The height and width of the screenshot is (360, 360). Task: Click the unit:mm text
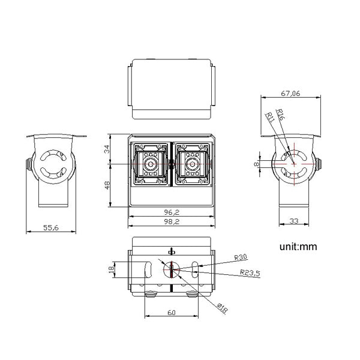298,246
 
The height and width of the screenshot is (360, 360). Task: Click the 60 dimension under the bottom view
171,313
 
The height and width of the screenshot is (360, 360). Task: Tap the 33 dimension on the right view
293,221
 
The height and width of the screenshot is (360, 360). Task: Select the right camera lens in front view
193,163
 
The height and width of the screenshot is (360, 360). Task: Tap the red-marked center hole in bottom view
171,270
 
